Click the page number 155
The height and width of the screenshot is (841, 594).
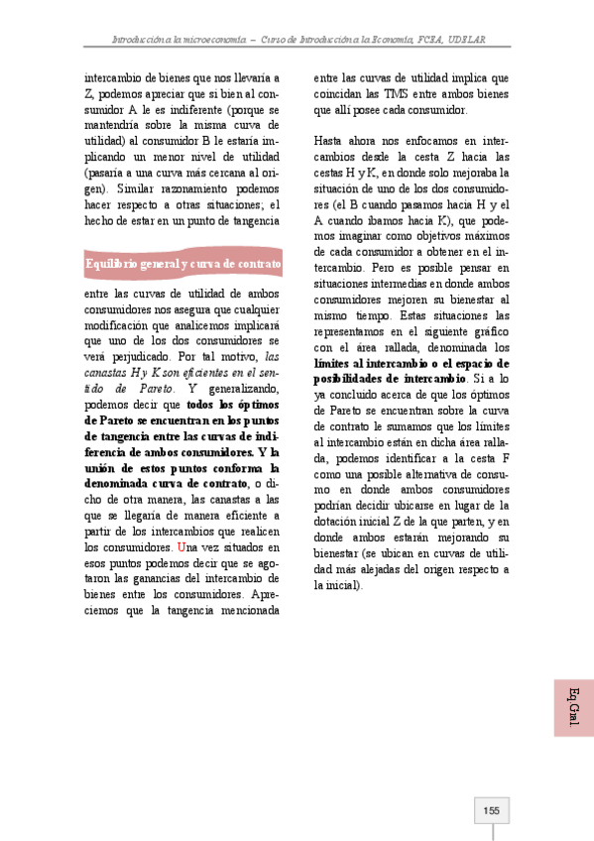tap(491, 811)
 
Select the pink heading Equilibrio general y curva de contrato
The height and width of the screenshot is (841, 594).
tap(182, 264)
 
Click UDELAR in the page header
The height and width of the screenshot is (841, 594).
tap(466, 40)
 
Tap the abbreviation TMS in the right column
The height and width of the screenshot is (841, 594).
tap(387, 93)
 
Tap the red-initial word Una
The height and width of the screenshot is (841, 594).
tap(185, 548)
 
